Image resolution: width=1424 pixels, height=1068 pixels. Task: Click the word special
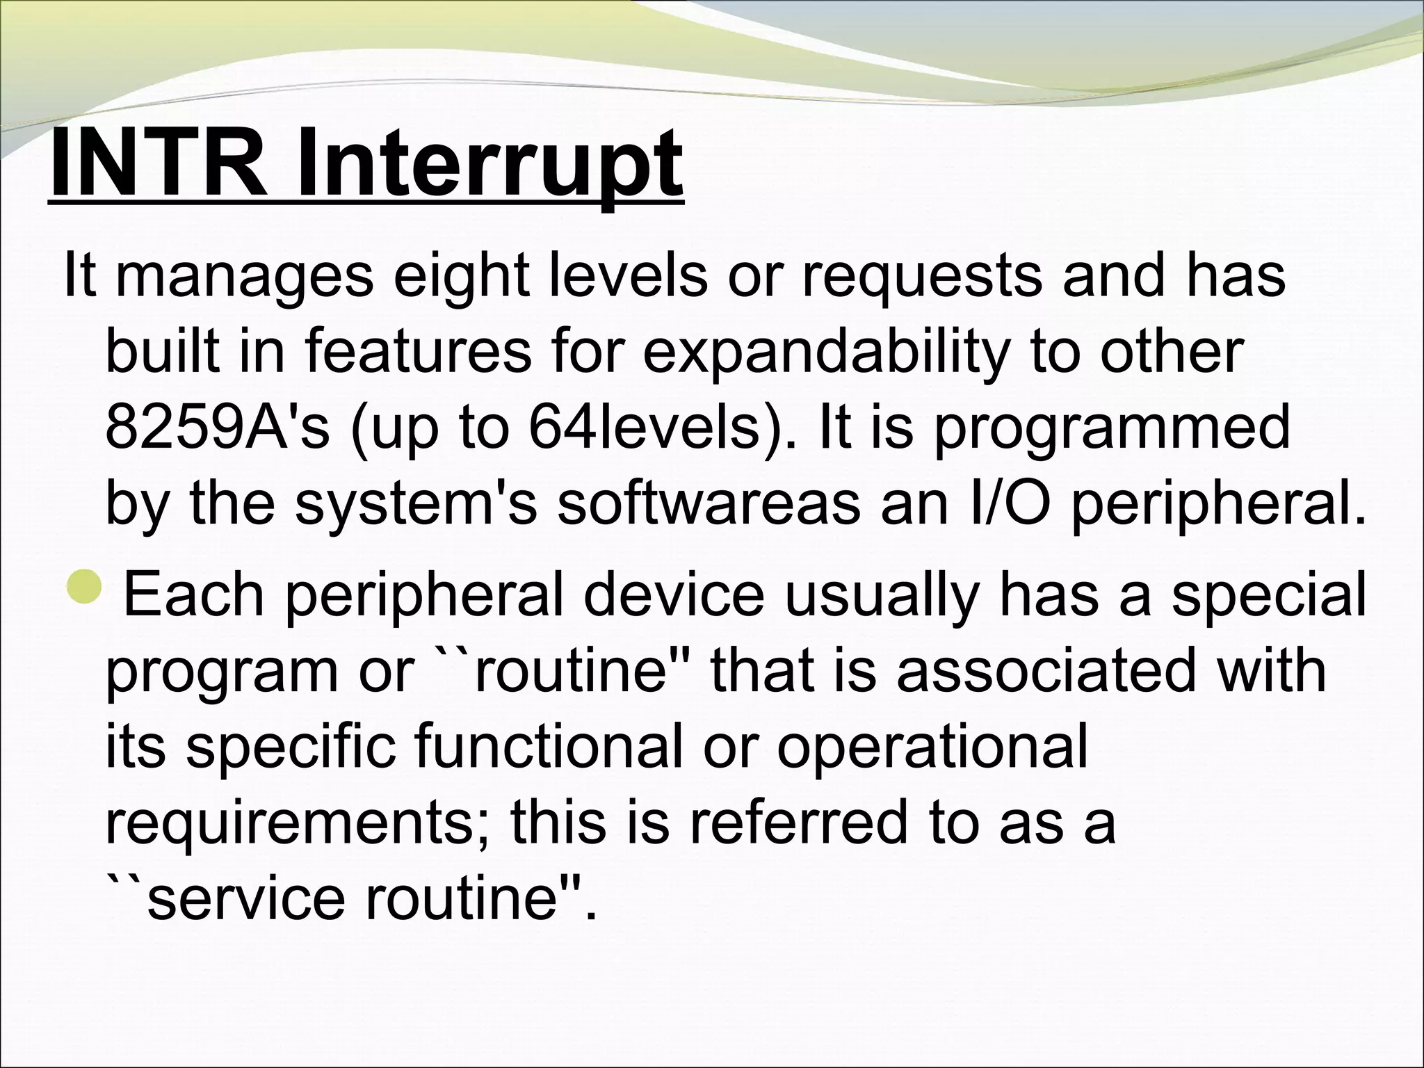[1268, 595]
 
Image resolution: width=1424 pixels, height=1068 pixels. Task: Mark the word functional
[548, 747]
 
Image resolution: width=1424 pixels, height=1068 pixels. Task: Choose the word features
[417, 352]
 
